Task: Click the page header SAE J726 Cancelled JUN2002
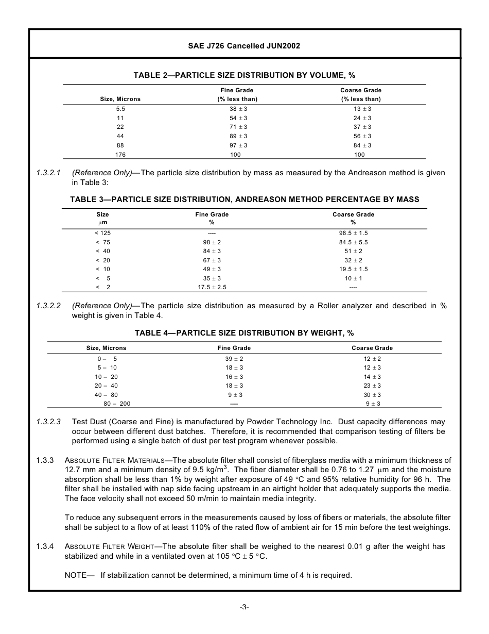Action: [x=244, y=46]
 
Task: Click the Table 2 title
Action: [x=244, y=75]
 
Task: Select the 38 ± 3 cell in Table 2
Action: [x=238, y=109]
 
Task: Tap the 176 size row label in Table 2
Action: [x=120, y=155]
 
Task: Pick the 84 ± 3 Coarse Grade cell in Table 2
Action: [x=362, y=145]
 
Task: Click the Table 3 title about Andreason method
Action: [x=244, y=199]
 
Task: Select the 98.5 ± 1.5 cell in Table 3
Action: [x=353, y=233]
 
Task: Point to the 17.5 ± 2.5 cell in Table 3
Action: [x=212, y=287]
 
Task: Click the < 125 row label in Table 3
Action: [x=102, y=233]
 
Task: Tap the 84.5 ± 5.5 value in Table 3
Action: [x=353, y=242]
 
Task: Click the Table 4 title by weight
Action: [x=244, y=333]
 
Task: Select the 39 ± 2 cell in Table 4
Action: [x=234, y=359]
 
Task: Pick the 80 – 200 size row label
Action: [x=117, y=404]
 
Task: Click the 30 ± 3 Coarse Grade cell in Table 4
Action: [x=372, y=395]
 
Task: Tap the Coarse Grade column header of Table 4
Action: [x=372, y=348]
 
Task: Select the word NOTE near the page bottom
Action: [x=76, y=575]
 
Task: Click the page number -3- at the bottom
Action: [x=244, y=608]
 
